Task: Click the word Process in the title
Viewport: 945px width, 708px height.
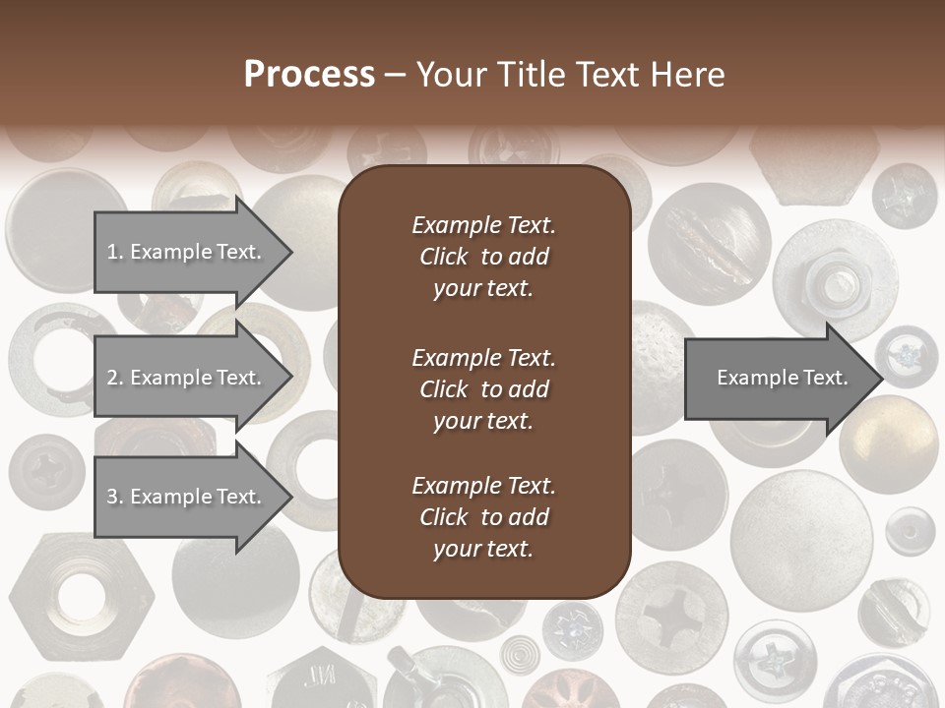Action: point(309,75)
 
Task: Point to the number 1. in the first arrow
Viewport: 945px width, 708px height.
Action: point(115,252)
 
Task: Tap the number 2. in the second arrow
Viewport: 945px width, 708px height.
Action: point(115,378)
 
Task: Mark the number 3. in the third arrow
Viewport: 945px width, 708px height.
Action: point(115,497)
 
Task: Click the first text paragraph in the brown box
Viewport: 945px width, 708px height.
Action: point(483,257)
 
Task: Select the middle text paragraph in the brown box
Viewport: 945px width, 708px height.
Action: point(483,389)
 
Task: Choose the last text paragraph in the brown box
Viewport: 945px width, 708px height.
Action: point(483,517)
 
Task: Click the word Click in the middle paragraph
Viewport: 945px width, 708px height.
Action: point(443,389)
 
